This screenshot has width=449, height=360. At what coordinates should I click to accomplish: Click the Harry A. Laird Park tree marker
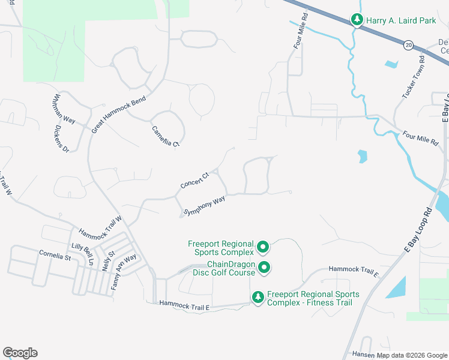(357, 20)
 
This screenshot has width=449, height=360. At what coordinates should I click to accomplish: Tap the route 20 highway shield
(408, 45)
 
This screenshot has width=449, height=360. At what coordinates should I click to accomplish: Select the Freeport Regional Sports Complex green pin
(262, 247)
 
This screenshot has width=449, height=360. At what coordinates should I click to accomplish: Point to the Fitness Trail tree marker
(258, 297)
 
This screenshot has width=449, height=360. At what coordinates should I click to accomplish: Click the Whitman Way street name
(64, 109)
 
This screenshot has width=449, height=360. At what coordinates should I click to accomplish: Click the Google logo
(20, 353)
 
